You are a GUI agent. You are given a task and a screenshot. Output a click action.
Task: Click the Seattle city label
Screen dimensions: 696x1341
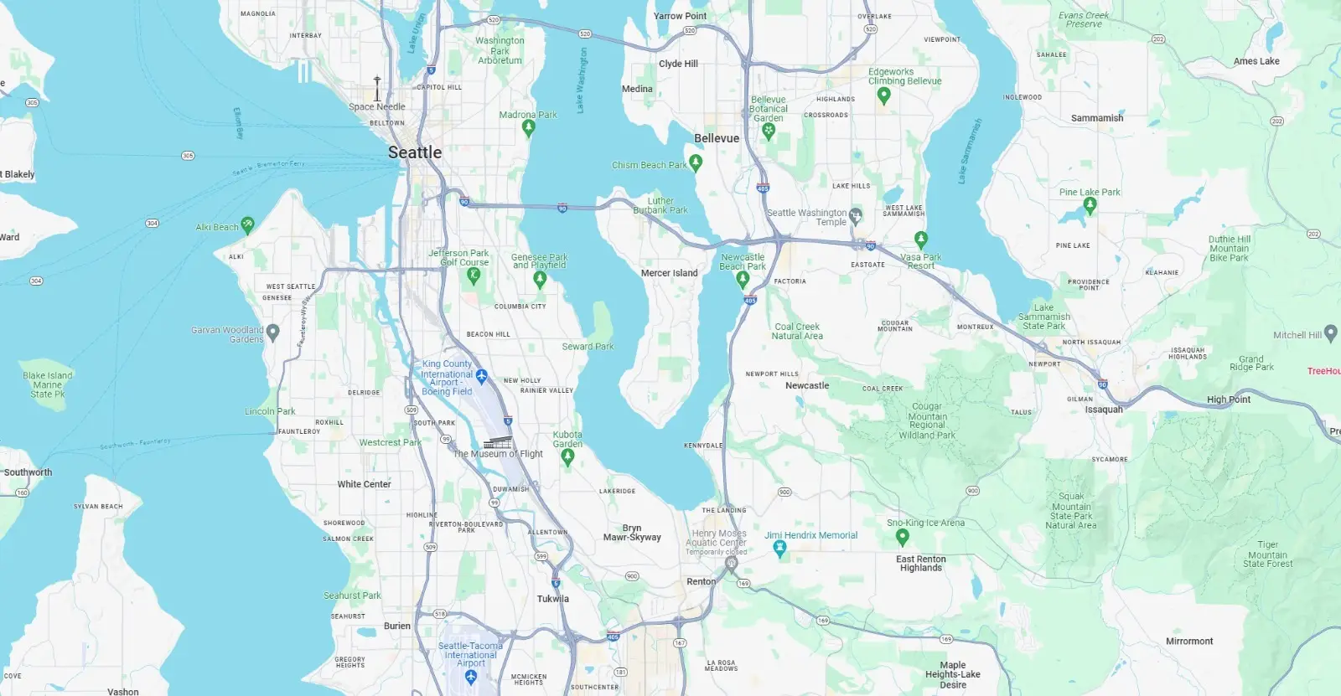[x=414, y=152]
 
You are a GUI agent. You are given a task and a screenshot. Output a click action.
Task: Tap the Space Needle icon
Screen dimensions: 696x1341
[x=377, y=89]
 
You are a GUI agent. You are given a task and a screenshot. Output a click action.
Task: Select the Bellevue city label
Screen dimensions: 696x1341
[x=717, y=138]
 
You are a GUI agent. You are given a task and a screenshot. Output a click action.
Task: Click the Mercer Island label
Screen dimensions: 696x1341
[x=669, y=273]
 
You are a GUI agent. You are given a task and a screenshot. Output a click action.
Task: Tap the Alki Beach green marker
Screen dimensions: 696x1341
[x=247, y=224]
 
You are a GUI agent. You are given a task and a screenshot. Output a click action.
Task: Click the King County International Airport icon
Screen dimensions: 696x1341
[x=481, y=376]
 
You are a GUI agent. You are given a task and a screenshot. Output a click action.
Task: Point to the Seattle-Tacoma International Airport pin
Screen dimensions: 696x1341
[x=470, y=676]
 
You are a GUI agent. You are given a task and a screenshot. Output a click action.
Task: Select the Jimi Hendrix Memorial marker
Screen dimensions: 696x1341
[x=779, y=549]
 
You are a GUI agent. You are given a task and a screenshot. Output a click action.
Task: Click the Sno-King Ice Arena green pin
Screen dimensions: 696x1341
[x=902, y=536]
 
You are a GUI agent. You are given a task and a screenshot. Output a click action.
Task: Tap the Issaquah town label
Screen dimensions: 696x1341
[x=1103, y=410]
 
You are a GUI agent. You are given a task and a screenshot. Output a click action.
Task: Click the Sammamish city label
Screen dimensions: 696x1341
[x=1096, y=118]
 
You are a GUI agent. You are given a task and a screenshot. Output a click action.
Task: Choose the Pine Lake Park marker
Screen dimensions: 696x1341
[x=1090, y=205]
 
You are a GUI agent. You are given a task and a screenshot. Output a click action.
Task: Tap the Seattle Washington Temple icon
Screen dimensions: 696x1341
[x=855, y=217]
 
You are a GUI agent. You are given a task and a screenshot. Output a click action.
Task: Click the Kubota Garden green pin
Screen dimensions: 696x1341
[x=567, y=456]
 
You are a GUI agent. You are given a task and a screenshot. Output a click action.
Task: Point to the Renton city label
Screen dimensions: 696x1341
[x=701, y=581]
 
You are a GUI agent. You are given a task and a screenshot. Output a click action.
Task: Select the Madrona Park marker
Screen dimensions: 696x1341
[x=528, y=127]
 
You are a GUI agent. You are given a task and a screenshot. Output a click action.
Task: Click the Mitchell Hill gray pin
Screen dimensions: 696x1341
[x=1330, y=334]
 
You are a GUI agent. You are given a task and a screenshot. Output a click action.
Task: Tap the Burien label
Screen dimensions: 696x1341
[x=397, y=626]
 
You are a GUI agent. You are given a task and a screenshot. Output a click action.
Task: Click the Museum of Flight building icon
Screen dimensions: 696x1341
[x=497, y=442]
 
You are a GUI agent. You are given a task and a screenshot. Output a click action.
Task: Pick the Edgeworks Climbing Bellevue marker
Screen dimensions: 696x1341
[x=883, y=95]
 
